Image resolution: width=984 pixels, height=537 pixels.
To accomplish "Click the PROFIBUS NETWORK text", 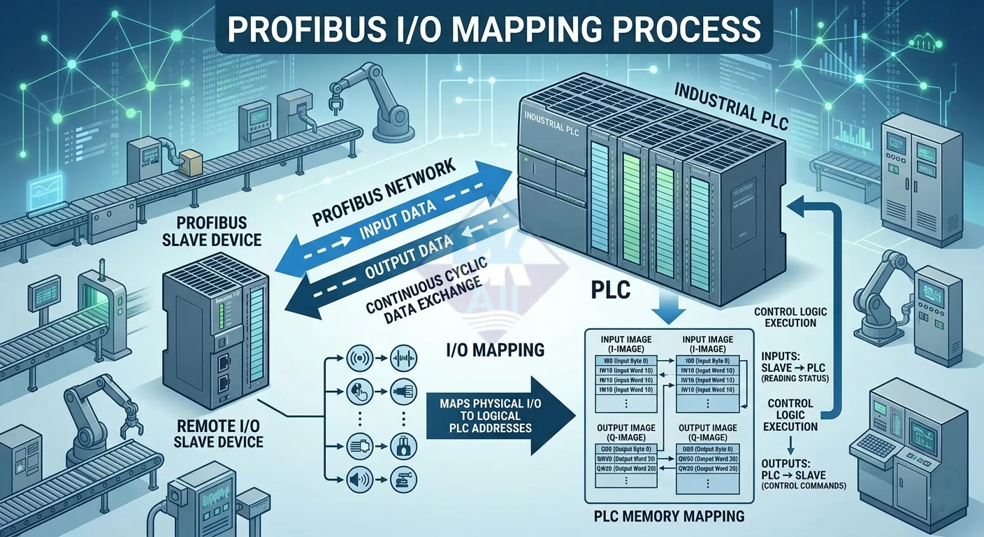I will coord(384,192).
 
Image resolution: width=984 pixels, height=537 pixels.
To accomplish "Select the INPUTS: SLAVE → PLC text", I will coord(794,364).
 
